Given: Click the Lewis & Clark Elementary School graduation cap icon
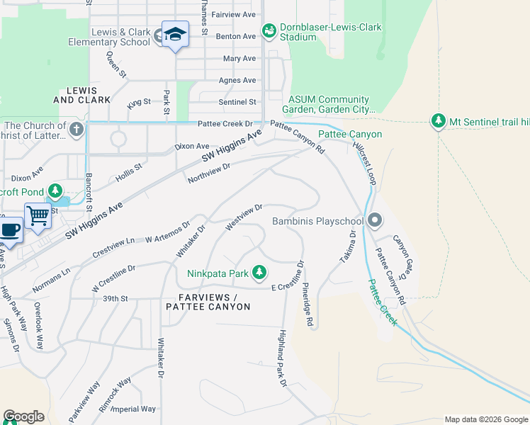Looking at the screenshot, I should point(175,34).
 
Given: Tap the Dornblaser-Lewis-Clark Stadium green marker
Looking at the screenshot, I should point(269,30).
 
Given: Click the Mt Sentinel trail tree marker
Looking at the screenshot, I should point(439,122).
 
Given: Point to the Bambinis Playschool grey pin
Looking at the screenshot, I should point(375,222).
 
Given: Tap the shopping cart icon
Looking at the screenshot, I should point(38,215).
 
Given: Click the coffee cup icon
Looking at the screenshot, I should point(9,229).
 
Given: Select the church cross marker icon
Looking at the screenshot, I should point(77,130).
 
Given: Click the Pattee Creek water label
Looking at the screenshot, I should point(382,302).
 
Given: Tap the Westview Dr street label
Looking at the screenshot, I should point(244,217).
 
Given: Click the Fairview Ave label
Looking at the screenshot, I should point(233,14).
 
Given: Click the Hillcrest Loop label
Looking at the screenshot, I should point(363,161).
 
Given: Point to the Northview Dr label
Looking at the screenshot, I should point(209,173).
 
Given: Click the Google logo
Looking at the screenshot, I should point(23,416).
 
